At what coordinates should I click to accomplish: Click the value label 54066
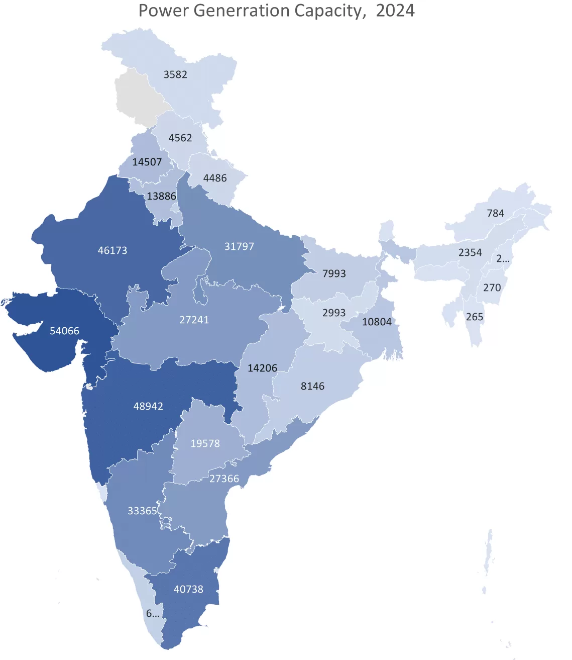(x=64, y=331)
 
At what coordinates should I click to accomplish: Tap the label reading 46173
(x=112, y=250)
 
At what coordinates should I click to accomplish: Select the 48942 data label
(x=148, y=406)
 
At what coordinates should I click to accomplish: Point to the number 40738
(x=188, y=589)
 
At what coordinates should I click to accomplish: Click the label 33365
(x=142, y=511)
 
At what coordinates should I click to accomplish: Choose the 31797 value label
(x=239, y=246)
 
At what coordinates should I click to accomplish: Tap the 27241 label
(x=194, y=320)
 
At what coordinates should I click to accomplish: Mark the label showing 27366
(x=224, y=479)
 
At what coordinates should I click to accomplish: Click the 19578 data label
(x=205, y=443)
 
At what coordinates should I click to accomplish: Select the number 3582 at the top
(x=175, y=74)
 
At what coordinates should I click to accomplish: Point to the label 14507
(x=147, y=162)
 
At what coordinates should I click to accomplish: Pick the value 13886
(x=161, y=196)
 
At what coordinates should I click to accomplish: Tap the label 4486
(x=214, y=178)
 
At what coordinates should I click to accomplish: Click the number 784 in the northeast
(x=495, y=213)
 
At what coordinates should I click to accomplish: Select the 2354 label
(x=470, y=252)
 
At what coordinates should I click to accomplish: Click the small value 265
(x=474, y=317)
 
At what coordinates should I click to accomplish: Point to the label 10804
(x=377, y=322)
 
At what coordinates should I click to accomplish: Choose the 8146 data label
(x=312, y=386)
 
